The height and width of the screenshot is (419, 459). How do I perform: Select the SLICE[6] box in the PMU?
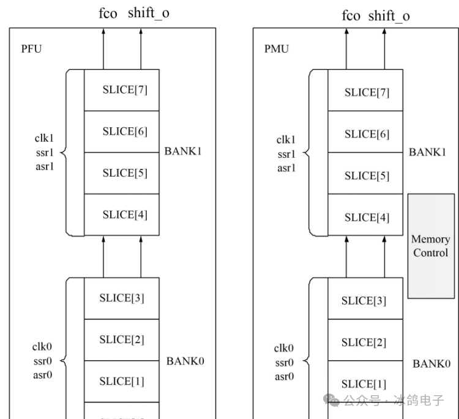(x=365, y=134)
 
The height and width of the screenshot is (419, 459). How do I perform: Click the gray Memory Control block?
(x=431, y=246)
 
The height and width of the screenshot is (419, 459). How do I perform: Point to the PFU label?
(x=31, y=49)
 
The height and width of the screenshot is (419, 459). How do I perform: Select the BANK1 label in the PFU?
(x=182, y=151)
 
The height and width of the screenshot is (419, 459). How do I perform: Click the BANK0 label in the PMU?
(x=431, y=363)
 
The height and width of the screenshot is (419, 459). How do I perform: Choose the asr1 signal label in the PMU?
(x=286, y=168)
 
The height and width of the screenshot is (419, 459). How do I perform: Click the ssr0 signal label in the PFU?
(x=42, y=361)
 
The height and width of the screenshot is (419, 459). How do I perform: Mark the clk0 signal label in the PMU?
(x=284, y=349)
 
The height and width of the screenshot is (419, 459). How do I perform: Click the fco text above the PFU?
(x=107, y=13)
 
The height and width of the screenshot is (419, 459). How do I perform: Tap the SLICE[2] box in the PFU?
(x=122, y=339)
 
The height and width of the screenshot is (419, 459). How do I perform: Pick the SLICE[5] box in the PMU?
(x=365, y=176)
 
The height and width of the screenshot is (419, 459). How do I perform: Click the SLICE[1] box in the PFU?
(x=122, y=381)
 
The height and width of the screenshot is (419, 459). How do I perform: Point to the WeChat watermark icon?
(x=333, y=400)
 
